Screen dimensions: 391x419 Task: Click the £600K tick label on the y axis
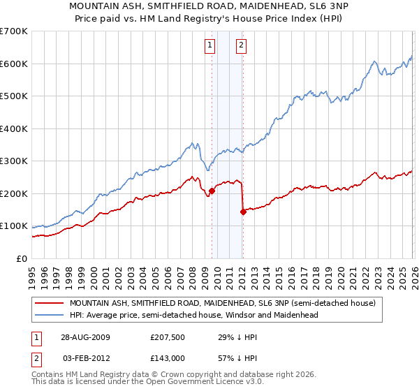click(x=13, y=64)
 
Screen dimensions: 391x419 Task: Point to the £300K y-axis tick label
click(x=13, y=161)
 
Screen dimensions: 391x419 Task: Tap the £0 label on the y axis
click(x=22, y=258)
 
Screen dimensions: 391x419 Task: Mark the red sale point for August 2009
click(x=212, y=191)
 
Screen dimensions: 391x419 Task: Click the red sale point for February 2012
click(x=242, y=212)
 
